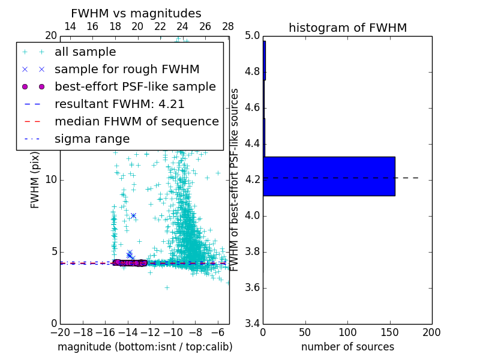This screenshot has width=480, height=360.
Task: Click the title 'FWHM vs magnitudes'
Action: (136, 14)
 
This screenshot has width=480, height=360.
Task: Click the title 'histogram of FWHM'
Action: (347, 28)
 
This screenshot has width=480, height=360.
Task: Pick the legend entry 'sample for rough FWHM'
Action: (127, 70)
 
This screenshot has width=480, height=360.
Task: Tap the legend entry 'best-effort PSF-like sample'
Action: (135, 87)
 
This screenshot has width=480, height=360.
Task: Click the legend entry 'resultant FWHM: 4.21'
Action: (119, 104)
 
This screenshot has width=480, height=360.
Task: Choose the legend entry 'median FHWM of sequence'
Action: (136, 122)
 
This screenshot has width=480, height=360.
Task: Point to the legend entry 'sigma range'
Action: (92, 139)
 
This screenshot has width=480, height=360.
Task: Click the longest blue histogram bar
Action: (329, 176)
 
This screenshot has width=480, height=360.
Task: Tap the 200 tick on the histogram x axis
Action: (431, 332)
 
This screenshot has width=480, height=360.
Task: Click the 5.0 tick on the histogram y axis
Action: (253, 36)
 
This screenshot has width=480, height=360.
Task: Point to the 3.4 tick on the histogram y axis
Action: (253, 323)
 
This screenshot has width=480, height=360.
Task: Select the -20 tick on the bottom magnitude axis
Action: (60, 332)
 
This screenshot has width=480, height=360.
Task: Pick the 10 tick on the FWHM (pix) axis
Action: (52, 179)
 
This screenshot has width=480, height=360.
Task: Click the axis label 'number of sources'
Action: (347, 347)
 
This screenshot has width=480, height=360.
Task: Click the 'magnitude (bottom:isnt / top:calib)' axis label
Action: (145, 347)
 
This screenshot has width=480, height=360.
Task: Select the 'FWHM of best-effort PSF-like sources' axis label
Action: (235, 179)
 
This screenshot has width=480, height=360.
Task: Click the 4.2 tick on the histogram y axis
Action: (253, 179)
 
